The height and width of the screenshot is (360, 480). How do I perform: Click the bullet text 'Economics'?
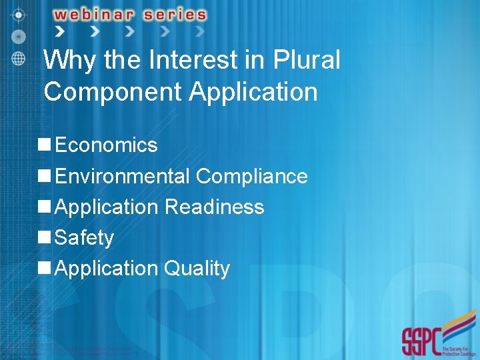(x=106, y=145)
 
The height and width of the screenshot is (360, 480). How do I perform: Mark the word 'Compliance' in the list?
(x=252, y=176)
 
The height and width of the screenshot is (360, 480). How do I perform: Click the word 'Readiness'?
(x=214, y=207)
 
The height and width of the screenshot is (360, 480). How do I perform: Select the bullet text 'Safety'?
(x=84, y=237)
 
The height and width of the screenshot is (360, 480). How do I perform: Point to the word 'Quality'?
(x=197, y=268)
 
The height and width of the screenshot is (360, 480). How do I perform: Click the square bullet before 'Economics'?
(x=45, y=145)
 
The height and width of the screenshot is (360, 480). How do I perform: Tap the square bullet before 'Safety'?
(x=45, y=237)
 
